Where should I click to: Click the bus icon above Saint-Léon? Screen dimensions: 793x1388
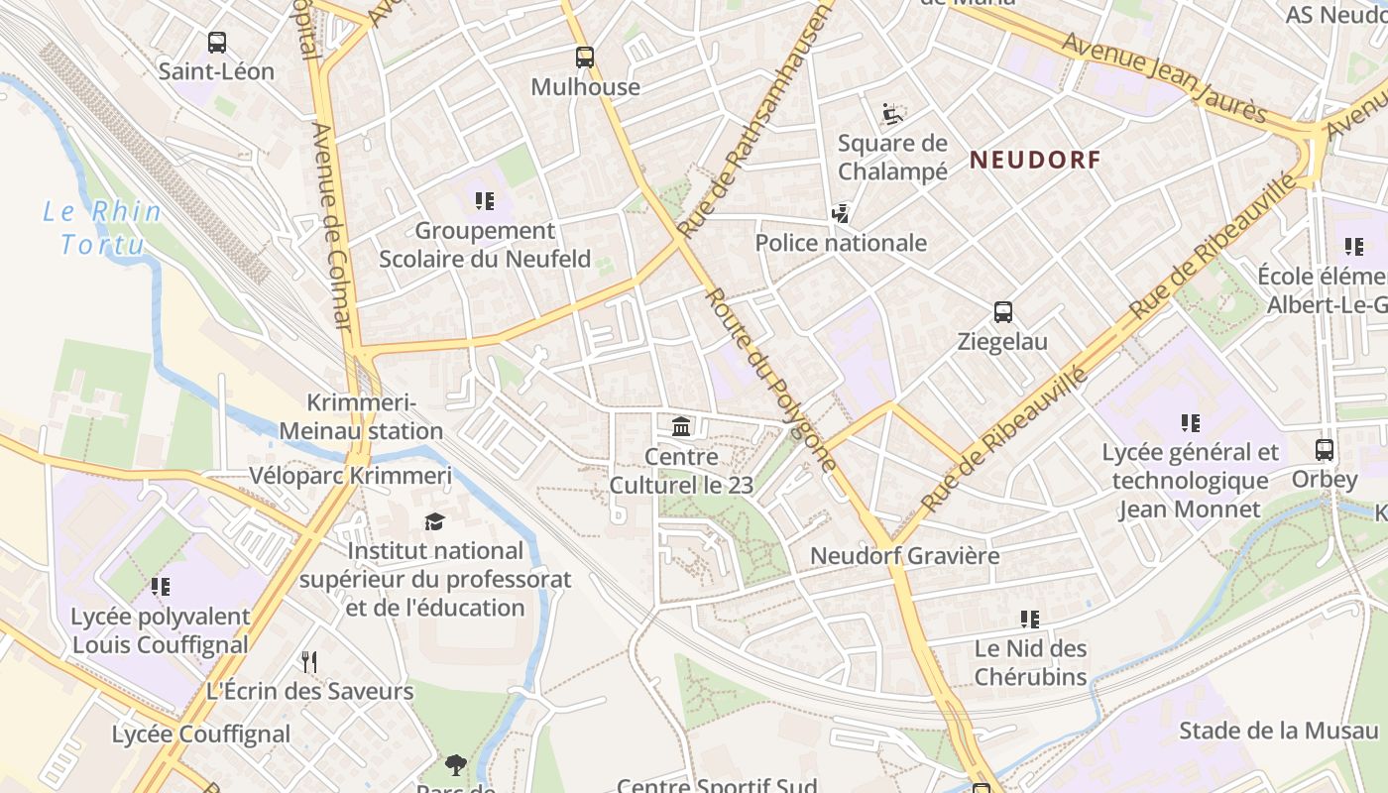coord(217,43)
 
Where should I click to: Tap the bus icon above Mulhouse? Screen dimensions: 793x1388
coord(585,57)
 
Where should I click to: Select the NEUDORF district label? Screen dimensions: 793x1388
coord(1035,160)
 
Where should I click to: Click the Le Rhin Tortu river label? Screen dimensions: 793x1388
coord(102,227)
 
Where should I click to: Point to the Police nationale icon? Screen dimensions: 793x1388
coord(841,213)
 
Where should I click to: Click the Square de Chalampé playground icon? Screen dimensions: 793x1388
coord(892,114)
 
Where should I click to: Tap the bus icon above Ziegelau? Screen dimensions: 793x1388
coord(1002,312)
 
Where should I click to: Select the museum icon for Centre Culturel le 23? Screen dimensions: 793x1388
coord(681,427)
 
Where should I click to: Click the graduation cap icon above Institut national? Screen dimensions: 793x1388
coord(434,521)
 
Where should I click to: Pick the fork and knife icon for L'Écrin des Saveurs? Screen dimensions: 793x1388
coord(309,661)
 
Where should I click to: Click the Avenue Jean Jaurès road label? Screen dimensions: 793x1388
coord(1164,76)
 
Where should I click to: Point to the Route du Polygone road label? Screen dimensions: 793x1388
coord(770,380)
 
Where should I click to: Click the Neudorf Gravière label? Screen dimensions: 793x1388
coord(904,555)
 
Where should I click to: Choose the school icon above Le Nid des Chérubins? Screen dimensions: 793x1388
coord(1030,620)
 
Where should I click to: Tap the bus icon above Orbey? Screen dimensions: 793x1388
coord(1324,450)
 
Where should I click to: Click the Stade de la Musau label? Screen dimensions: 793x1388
coord(1278,731)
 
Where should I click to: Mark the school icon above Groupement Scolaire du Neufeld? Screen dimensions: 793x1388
coord(485,201)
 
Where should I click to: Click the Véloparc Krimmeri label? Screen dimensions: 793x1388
coord(350,476)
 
